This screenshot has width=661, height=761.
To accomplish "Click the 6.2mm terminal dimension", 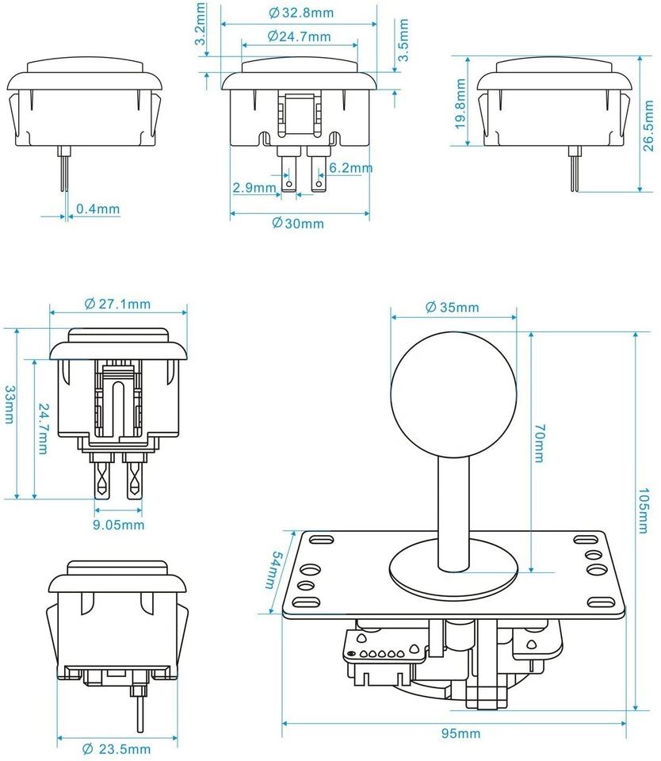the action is [x=350, y=168].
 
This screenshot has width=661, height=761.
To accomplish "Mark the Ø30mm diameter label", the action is [x=298, y=223].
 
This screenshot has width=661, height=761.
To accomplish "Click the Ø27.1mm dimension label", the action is [x=118, y=304].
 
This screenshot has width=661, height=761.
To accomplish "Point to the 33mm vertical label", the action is [x=9, y=404].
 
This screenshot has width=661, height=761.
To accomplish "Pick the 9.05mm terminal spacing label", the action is [x=120, y=524].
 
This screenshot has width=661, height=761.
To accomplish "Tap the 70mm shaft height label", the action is [x=539, y=443].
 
